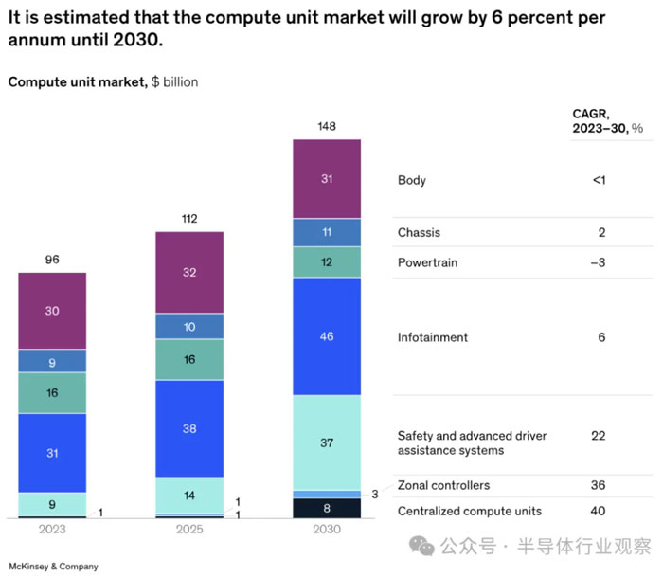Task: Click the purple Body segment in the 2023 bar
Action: click(x=52, y=311)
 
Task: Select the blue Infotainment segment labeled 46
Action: click(x=327, y=336)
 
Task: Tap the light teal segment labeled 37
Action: click(x=327, y=442)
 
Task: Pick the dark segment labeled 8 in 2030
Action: click(x=327, y=508)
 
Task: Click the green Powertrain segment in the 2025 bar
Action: click(x=189, y=359)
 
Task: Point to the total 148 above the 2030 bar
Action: click(x=327, y=126)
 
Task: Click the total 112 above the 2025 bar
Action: click(x=189, y=219)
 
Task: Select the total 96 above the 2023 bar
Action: click(x=52, y=260)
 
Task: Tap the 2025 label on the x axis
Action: click(x=189, y=530)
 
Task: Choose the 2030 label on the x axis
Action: click(x=327, y=530)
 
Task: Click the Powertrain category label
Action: click(x=426, y=261)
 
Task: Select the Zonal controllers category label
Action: click(x=443, y=485)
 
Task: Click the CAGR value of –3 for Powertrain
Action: click(x=598, y=261)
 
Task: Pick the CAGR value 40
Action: click(x=598, y=511)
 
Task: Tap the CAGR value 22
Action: click(x=598, y=436)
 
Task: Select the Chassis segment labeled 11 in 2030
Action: click(x=327, y=232)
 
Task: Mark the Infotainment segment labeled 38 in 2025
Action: click(x=189, y=428)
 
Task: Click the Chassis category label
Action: click(x=419, y=232)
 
